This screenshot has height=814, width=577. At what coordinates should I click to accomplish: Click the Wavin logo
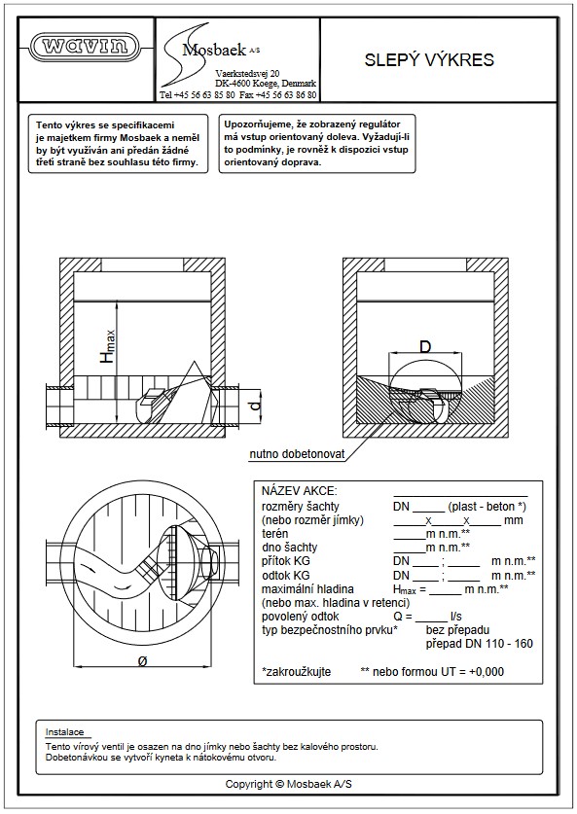tap(86, 47)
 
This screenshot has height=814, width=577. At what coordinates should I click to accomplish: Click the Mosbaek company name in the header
tap(214, 50)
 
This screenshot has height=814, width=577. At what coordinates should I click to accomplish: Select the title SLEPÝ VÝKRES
tap(429, 59)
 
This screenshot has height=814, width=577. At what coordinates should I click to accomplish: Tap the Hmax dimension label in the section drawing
tap(108, 345)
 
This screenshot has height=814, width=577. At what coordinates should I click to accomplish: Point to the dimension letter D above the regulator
tap(425, 346)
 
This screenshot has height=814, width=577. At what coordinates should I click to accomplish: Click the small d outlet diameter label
tap(255, 405)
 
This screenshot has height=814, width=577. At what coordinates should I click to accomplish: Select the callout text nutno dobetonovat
tap(297, 454)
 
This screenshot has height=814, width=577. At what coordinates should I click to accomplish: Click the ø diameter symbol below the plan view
tap(143, 661)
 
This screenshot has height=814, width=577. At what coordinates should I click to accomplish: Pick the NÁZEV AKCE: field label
tap(299, 491)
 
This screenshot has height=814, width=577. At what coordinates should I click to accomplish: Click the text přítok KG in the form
tap(286, 561)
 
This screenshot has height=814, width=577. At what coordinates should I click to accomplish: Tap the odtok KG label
tap(286, 575)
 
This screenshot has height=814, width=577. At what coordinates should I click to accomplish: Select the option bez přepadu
tap(457, 630)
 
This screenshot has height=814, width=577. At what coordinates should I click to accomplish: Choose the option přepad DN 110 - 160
tap(480, 644)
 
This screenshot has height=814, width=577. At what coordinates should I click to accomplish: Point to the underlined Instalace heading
tap(64, 732)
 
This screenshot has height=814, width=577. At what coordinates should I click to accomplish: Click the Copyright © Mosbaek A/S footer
tap(288, 784)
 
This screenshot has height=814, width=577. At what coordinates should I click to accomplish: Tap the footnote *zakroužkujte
tap(296, 672)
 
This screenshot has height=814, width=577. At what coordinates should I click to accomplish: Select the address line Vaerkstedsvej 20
tap(247, 74)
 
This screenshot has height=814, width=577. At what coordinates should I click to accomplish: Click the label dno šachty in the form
tap(289, 548)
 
